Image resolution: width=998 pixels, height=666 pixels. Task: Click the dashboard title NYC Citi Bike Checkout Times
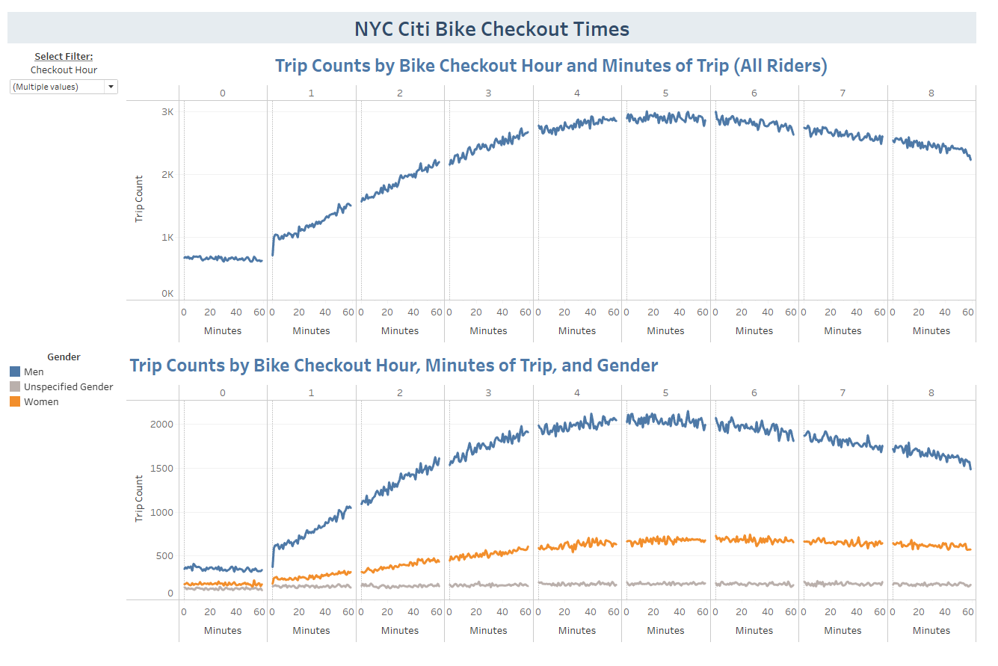coord(491,29)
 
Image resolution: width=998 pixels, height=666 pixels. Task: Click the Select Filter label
coord(64,56)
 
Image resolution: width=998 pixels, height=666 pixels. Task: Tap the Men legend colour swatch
coord(15,371)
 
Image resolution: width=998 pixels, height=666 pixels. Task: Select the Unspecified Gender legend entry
coord(68,386)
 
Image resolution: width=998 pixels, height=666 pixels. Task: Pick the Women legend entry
coord(41,401)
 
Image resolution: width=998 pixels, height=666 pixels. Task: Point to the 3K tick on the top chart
coord(167,111)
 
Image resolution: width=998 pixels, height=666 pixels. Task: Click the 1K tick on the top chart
coord(167,237)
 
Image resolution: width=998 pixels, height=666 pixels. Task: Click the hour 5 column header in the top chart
coord(665,93)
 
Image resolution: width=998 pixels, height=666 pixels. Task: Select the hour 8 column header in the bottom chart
coord(931,392)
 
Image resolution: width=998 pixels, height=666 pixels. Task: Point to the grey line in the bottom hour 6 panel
coord(754,584)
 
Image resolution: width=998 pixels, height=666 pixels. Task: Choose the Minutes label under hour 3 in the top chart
coord(488,330)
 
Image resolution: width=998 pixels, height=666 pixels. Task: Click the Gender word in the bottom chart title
coord(626,365)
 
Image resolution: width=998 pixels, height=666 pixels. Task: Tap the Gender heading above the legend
coord(64,357)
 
